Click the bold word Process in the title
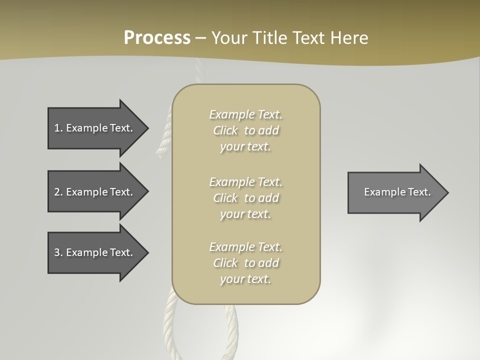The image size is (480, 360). click(x=157, y=38)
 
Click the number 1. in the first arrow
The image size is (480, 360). click(x=58, y=128)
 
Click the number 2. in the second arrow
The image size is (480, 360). click(x=58, y=192)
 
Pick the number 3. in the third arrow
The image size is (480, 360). click(x=58, y=252)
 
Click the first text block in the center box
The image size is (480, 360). click(x=245, y=130)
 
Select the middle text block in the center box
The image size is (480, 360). click(x=245, y=198)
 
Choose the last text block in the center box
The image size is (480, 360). click(x=245, y=263)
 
